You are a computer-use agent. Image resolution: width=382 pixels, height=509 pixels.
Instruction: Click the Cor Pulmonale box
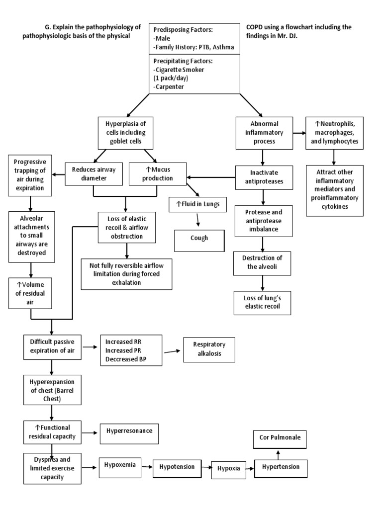[x=278, y=438]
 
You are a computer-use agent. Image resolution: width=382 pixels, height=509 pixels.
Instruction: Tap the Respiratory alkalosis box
[x=209, y=349]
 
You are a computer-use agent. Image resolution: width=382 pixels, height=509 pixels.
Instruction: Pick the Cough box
[x=199, y=238]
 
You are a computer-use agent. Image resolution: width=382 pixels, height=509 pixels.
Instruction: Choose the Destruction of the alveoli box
[x=262, y=262]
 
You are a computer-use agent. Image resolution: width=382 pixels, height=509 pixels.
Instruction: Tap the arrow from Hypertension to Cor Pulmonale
[x=278, y=454]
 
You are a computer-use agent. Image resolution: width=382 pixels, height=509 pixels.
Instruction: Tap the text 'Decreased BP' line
[x=125, y=358]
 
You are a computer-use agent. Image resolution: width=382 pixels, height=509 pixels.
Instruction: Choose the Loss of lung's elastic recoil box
[x=262, y=302]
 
